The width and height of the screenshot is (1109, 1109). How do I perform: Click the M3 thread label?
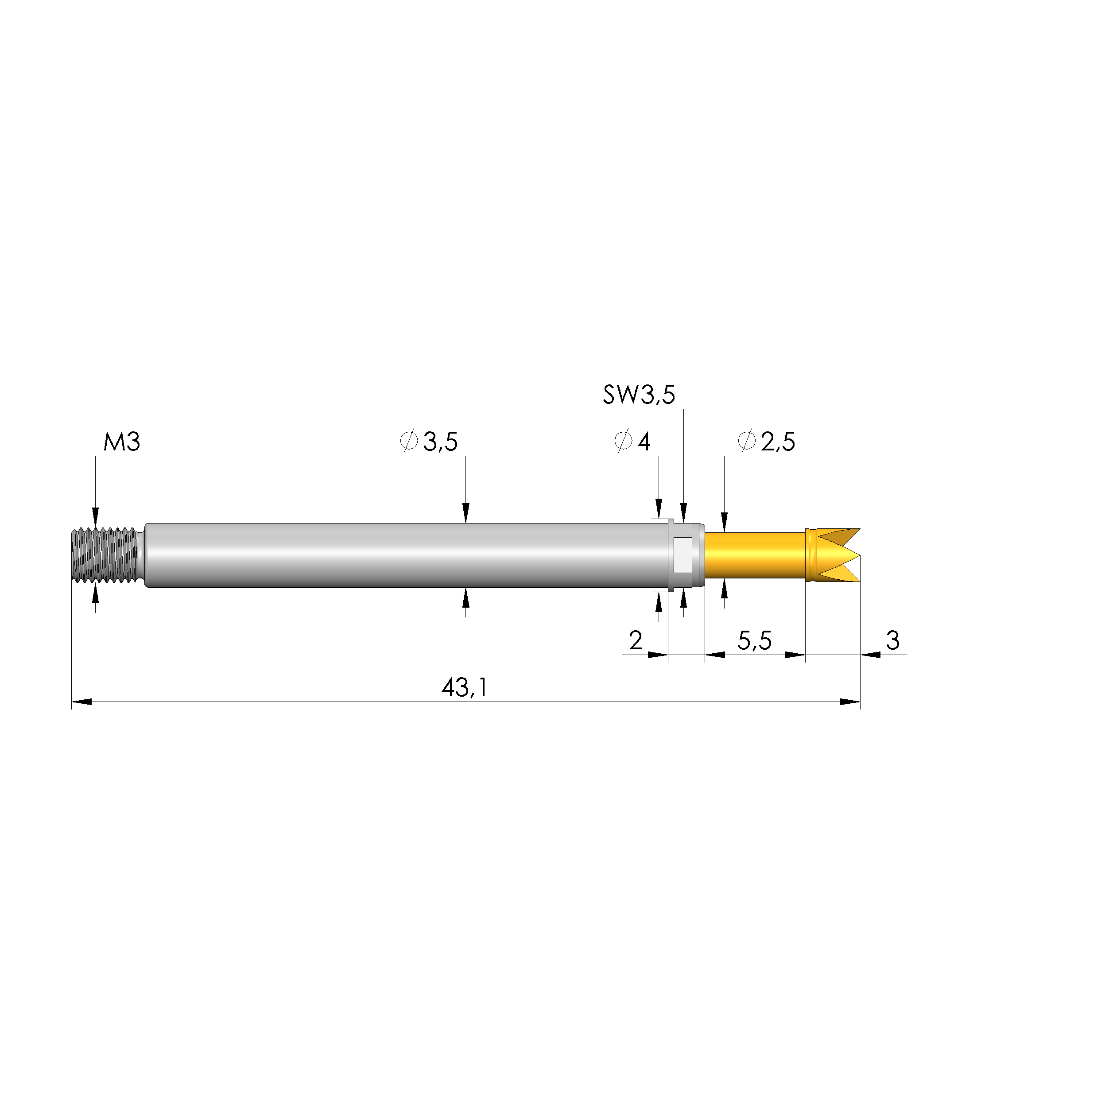tap(122, 442)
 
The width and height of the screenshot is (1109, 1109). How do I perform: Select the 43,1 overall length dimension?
tap(465, 688)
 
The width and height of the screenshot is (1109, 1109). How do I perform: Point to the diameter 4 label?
tap(632, 442)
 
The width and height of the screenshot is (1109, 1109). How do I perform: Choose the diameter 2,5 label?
tap(766, 442)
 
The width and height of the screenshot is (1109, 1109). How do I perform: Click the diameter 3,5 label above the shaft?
tap(429, 442)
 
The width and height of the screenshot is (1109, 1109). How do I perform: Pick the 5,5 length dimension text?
tap(754, 640)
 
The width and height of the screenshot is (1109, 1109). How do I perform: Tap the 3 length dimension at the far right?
tap(892, 640)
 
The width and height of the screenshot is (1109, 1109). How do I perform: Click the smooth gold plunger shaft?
tap(755, 555)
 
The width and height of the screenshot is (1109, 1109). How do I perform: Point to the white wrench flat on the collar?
tap(683, 555)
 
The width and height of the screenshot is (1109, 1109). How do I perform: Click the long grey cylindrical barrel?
tap(402, 555)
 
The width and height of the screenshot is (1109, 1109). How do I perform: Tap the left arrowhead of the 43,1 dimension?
tap(81, 702)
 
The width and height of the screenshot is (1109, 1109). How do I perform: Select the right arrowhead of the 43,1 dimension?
tap(850, 702)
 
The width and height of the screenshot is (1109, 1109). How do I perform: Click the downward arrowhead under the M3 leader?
tap(95, 515)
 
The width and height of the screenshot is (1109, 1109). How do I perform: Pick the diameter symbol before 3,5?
tap(408, 442)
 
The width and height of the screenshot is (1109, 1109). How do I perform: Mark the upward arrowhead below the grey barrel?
tap(465, 599)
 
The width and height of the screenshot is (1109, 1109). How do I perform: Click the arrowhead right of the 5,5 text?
tap(795, 655)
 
